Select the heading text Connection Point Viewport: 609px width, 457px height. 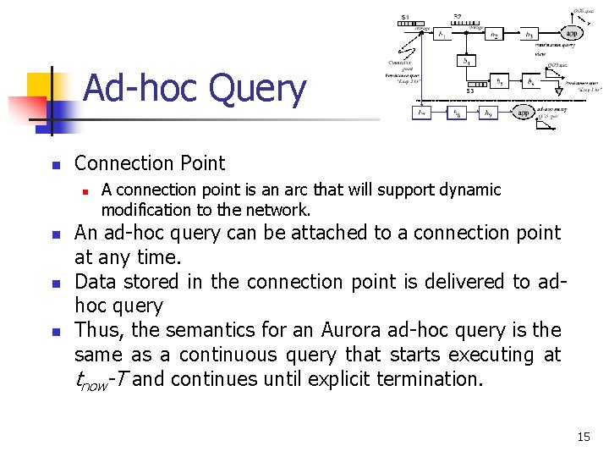pyautogui.click(x=150, y=163)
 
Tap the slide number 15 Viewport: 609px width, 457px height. pyautogui.click(x=583, y=437)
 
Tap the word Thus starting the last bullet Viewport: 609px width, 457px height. pyautogui.click(x=95, y=330)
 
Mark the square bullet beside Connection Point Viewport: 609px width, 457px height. pyautogui.click(x=52, y=164)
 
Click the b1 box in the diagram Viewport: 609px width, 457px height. pyautogui.click(x=442, y=34)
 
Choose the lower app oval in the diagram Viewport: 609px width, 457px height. pyautogui.click(x=524, y=112)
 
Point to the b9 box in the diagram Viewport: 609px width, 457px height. pyautogui.click(x=488, y=112)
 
